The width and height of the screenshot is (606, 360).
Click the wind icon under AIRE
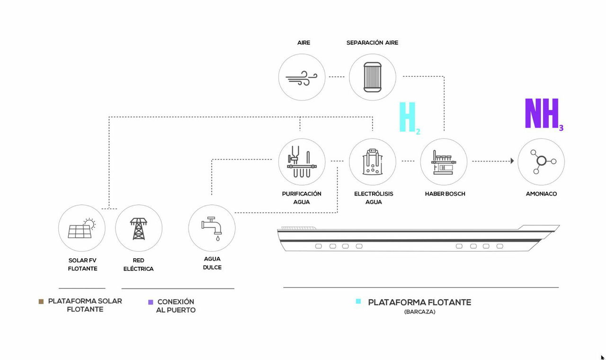[x=302, y=78]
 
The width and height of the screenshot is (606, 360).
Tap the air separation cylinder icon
[x=372, y=77]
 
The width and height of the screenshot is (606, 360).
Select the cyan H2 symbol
[x=410, y=118]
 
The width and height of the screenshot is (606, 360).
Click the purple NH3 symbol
[x=544, y=114]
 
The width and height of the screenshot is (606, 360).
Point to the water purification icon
[x=302, y=162]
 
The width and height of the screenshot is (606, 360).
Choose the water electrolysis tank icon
[x=372, y=162]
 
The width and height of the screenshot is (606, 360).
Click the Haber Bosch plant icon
[x=444, y=162]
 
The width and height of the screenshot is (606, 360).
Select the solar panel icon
[x=81, y=228]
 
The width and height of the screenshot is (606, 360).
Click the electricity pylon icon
[x=139, y=229]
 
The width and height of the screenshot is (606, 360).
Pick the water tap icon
[x=212, y=228]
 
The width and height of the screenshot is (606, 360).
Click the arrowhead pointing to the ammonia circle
[x=512, y=161]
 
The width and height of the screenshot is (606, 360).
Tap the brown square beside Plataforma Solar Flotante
[x=41, y=302]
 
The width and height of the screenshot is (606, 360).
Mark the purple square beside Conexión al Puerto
[x=151, y=302]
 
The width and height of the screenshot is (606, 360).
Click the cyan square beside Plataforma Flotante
[x=358, y=301]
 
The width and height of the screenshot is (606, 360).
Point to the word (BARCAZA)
[x=419, y=312]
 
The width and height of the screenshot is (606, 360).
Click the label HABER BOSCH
[x=445, y=194]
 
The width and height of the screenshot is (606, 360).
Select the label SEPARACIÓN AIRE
[x=372, y=43]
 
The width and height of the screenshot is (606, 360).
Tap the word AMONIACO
[x=541, y=194]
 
